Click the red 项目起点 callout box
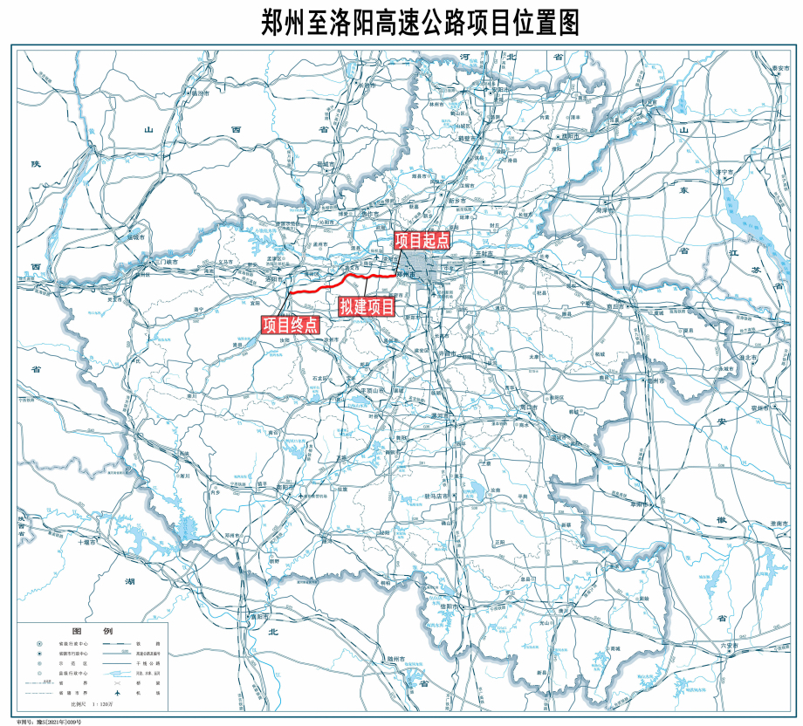tap(422, 241)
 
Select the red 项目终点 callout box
tap(290, 325)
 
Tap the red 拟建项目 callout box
tap(367, 307)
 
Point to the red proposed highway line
tap(349, 278)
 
